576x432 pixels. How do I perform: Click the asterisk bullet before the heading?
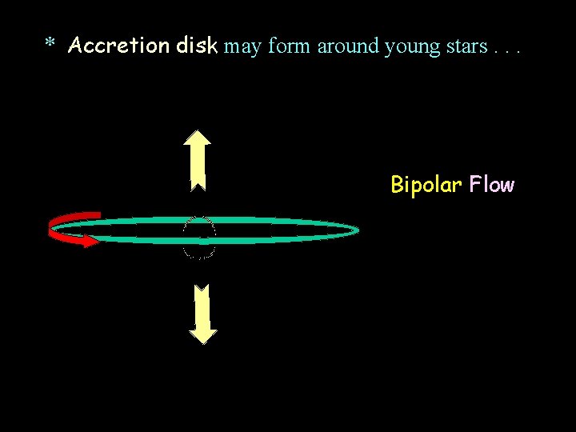[x=50, y=44]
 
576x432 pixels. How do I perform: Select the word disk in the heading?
[x=197, y=46]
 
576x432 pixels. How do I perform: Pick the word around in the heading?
[x=348, y=46]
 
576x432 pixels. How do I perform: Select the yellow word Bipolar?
[x=426, y=186]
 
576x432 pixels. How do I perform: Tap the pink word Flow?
[x=492, y=185]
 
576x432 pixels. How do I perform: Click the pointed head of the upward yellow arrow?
[x=197, y=138]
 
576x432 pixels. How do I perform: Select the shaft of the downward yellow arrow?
[x=205, y=308]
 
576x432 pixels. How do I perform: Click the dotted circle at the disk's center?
[x=199, y=238]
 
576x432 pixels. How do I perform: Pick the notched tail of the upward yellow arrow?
[x=198, y=186]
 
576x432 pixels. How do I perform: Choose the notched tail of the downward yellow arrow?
[x=204, y=289]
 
